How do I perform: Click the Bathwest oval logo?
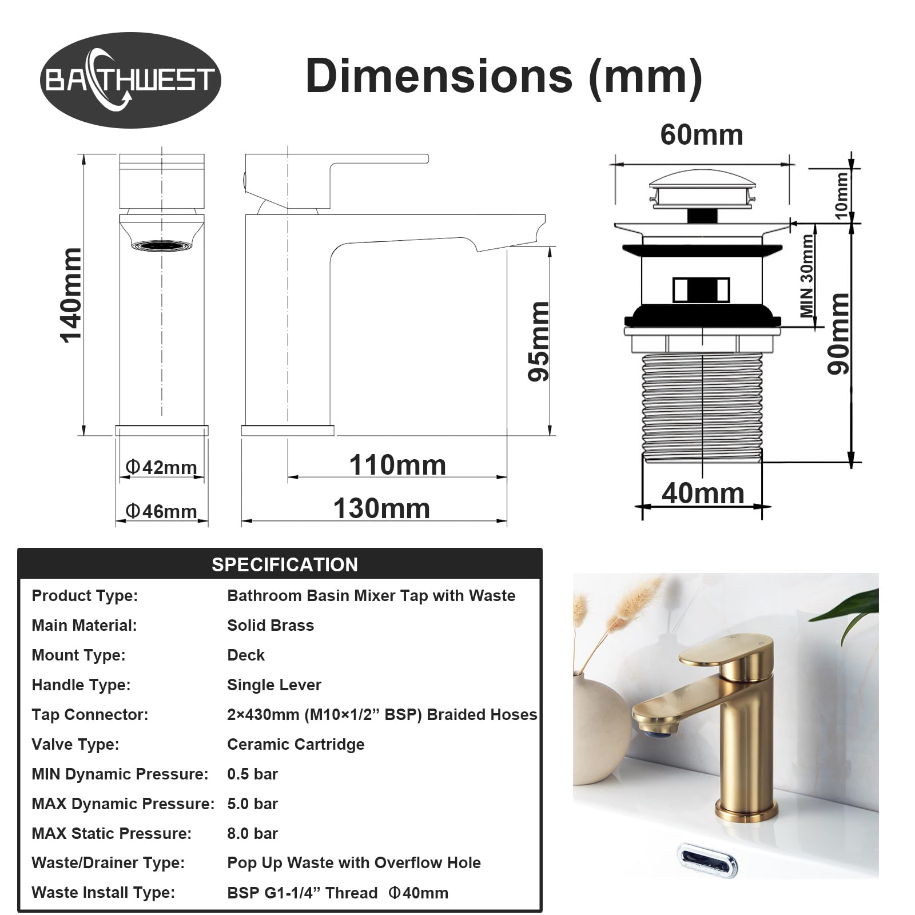click(130, 80)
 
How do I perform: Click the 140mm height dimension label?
click(72, 295)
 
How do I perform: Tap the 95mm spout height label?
click(539, 341)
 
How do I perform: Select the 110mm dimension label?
click(397, 465)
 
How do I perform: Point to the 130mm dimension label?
click(381, 508)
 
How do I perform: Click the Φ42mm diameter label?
click(161, 467)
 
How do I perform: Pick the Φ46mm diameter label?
click(161, 511)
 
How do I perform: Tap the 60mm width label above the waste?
click(702, 135)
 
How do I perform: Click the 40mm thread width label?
click(703, 493)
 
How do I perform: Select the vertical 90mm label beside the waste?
click(839, 333)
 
